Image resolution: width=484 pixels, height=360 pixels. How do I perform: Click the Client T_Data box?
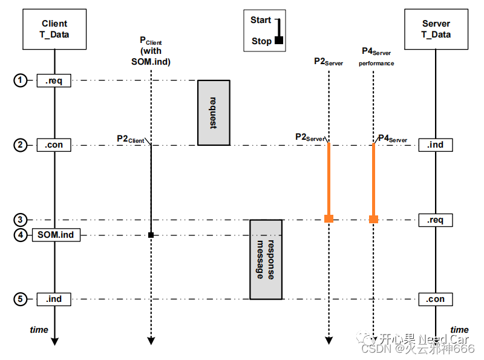[x=54, y=29]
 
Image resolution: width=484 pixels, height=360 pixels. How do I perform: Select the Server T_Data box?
[x=436, y=29]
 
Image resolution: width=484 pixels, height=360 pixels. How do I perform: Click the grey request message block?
[x=214, y=113]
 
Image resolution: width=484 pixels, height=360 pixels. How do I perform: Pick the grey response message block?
[x=266, y=259]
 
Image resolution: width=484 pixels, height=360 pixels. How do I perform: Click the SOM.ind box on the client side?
[x=55, y=235]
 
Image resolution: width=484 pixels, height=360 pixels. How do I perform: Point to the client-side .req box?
[x=54, y=80]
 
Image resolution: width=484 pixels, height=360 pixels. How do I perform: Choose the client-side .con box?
[x=54, y=145]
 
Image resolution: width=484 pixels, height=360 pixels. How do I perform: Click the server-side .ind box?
[x=436, y=145]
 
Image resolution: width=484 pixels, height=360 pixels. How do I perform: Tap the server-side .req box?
[x=436, y=220]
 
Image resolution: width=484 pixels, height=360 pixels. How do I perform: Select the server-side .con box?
[x=436, y=299]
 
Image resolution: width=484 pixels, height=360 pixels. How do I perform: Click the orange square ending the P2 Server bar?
[x=329, y=218]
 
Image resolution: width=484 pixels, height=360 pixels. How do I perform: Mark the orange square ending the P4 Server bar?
[x=374, y=218]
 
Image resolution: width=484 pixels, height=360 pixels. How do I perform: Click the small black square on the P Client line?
[x=151, y=235]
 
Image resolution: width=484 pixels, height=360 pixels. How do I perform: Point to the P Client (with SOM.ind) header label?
[x=151, y=51]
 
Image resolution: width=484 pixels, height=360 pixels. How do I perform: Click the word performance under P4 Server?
[x=376, y=63]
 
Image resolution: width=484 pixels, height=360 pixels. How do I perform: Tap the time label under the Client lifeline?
[x=39, y=330]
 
